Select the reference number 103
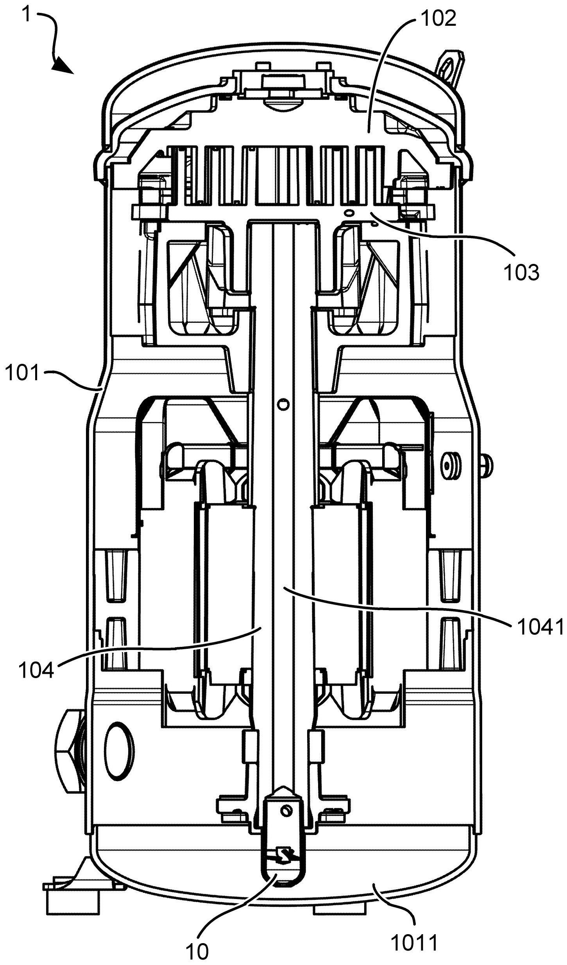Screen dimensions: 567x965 click(521, 273)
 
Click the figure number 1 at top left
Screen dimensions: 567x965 click(27, 15)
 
